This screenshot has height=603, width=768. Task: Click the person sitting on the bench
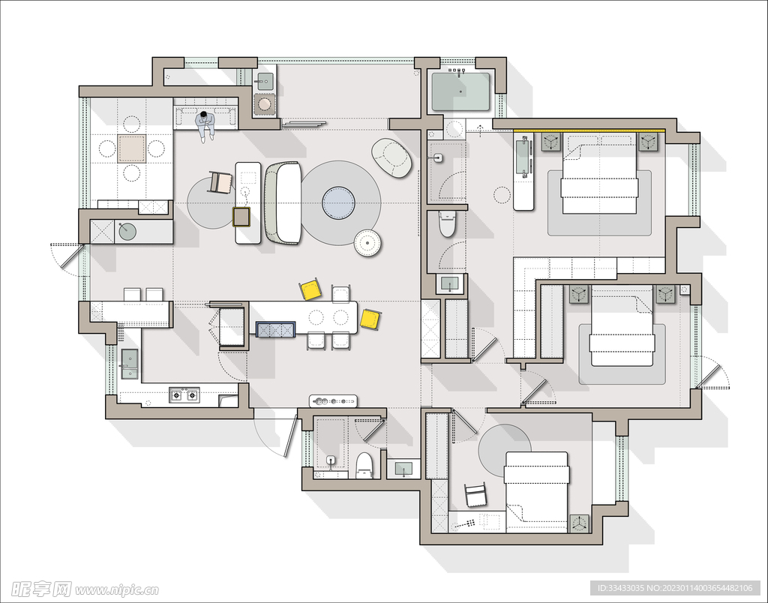click(x=205, y=125)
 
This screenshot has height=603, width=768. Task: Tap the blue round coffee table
click(x=338, y=202)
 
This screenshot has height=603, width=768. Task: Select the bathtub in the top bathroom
click(x=460, y=91)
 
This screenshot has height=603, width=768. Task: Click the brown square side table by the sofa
click(x=241, y=217)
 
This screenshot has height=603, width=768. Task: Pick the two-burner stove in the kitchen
click(x=184, y=394)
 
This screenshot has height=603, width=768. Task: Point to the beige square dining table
click(x=131, y=149)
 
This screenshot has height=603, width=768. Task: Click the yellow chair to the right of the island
click(x=370, y=319)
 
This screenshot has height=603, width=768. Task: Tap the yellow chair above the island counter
click(x=311, y=289)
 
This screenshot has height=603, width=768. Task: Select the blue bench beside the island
click(x=276, y=329)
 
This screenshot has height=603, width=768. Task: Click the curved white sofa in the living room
click(x=283, y=202)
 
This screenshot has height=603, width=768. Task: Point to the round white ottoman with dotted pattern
click(x=367, y=243)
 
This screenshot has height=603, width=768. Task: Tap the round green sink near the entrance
click(x=127, y=231)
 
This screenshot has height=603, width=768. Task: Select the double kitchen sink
click(x=129, y=364)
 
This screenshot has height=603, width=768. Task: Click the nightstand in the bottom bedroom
click(x=580, y=523)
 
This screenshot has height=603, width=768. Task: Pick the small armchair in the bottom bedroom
click(x=475, y=495)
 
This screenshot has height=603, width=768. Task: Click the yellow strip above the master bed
click(x=589, y=130)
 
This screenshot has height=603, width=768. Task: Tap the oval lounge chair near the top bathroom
click(x=391, y=157)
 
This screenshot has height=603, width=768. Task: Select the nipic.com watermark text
click(x=116, y=589)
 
